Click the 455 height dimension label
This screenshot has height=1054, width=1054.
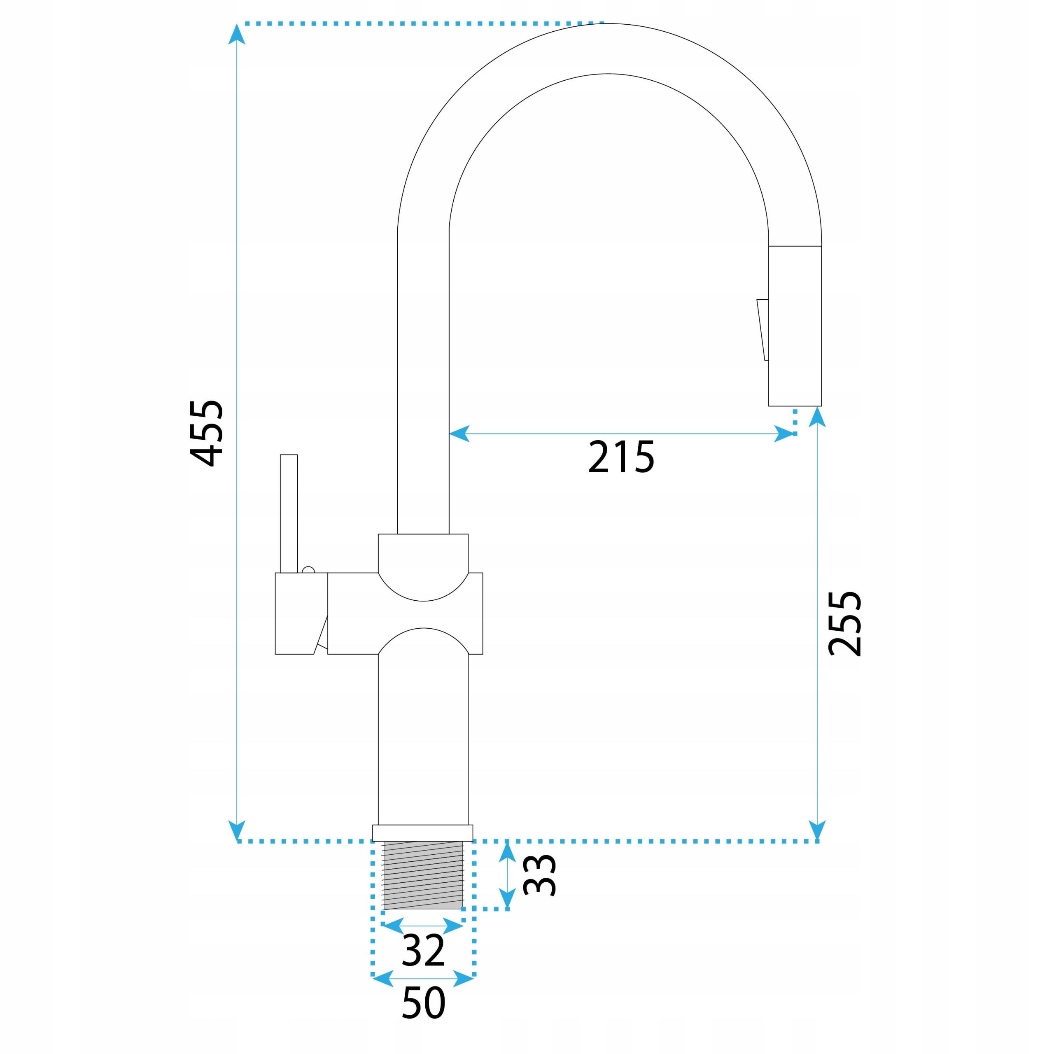[206, 434]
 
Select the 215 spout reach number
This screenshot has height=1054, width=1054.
[621, 457]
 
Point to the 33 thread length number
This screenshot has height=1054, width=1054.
[539, 883]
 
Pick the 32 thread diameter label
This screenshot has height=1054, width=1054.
[423, 950]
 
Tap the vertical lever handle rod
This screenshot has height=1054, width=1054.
[289, 513]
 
